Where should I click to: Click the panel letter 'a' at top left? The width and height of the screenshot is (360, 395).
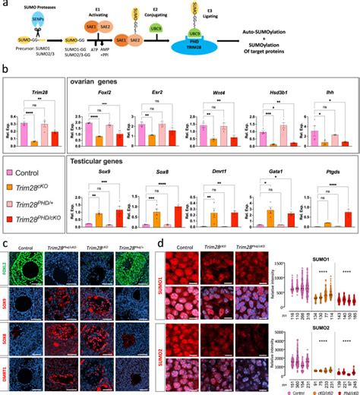click(6, 5)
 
